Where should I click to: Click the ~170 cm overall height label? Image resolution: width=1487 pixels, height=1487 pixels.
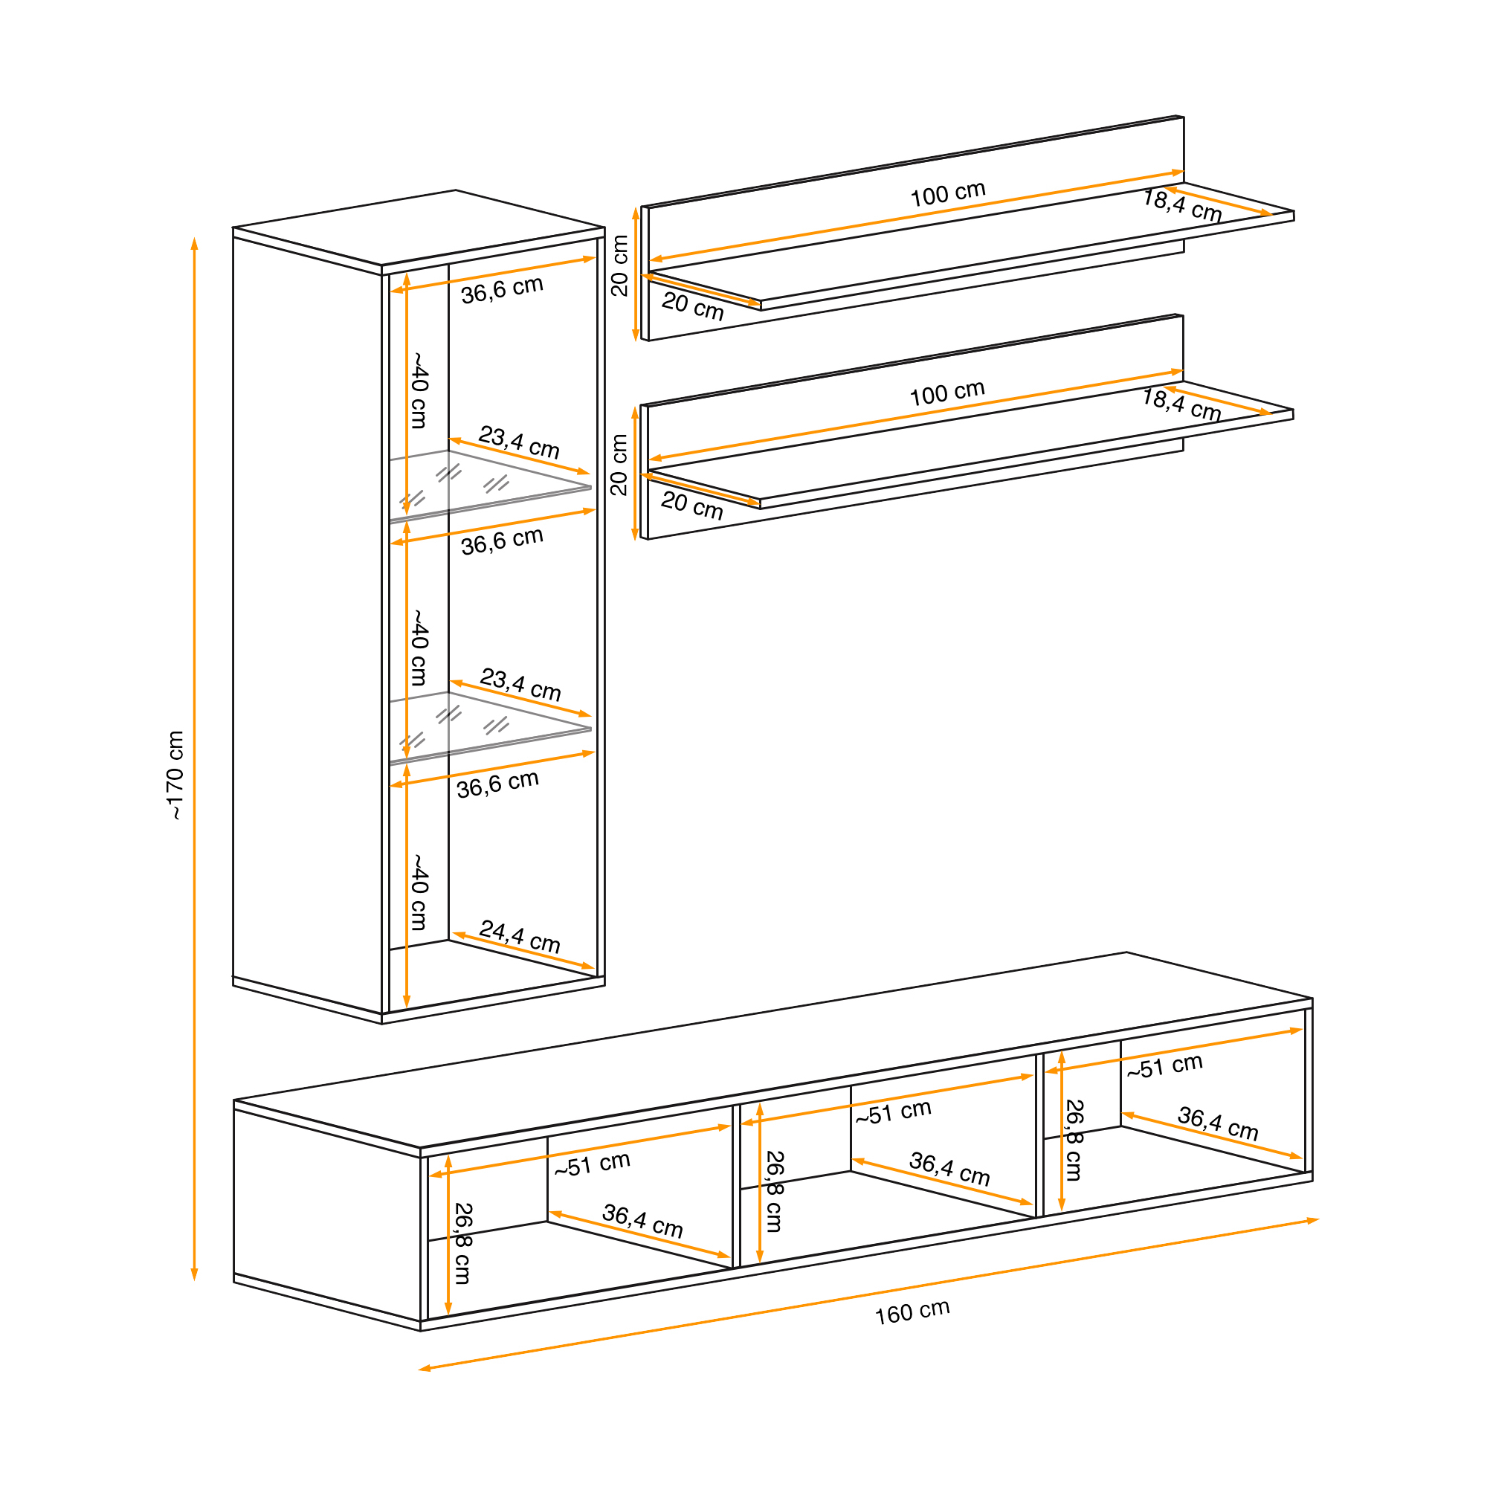point(176,775)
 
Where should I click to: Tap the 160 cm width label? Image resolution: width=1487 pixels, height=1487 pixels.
point(912,1312)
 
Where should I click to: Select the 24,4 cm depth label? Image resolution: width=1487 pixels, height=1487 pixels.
point(520,936)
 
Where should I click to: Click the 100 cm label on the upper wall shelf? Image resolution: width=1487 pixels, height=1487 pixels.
point(947,194)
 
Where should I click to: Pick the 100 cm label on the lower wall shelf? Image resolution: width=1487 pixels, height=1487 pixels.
point(946,393)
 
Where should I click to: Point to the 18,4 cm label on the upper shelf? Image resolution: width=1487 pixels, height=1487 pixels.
point(1182,205)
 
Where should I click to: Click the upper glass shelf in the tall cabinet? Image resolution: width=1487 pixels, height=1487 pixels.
point(493,485)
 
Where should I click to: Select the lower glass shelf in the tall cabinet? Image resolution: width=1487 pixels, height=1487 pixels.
point(493,727)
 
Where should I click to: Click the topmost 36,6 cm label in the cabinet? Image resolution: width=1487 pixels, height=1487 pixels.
point(502,289)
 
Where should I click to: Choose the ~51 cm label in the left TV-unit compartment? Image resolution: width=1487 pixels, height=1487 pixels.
point(592,1164)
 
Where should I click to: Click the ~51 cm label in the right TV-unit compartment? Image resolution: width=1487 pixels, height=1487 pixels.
point(1164,1067)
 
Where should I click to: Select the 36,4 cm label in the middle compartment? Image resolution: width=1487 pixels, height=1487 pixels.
point(949,1168)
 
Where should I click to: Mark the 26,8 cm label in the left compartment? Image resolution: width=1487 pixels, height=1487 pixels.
point(462,1243)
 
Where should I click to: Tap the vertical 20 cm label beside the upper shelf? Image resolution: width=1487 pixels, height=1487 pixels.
point(619,265)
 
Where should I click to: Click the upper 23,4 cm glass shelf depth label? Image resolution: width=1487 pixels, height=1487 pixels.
point(519,442)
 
